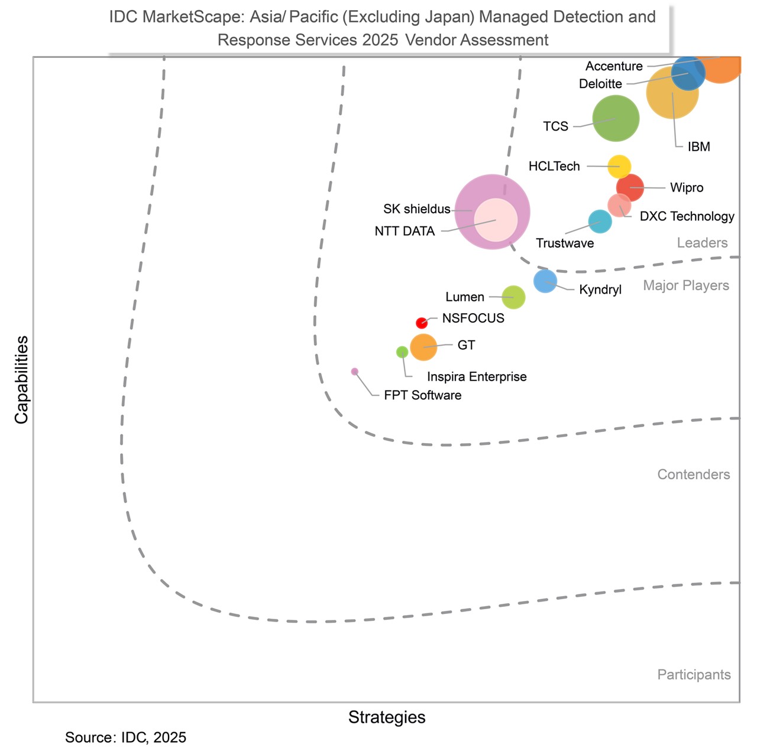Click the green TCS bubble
click(616, 118)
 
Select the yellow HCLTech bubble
click(619, 167)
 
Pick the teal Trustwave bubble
click(600, 222)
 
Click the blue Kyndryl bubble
click(545, 281)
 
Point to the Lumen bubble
click(513, 297)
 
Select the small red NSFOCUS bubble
click(421, 323)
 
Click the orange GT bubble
click(423, 347)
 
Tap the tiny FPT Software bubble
click(354, 372)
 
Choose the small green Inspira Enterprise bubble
click(402, 352)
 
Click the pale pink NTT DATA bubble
click(496, 220)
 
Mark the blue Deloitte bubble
click(688, 73)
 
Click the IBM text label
click(698, 147)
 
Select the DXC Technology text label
click(687, 216)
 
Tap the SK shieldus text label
click(416, 209)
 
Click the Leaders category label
click(702, 243)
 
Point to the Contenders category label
click(693, 474)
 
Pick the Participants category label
click(694, 675)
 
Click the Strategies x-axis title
click(387, 717)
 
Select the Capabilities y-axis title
click(22, 380)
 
